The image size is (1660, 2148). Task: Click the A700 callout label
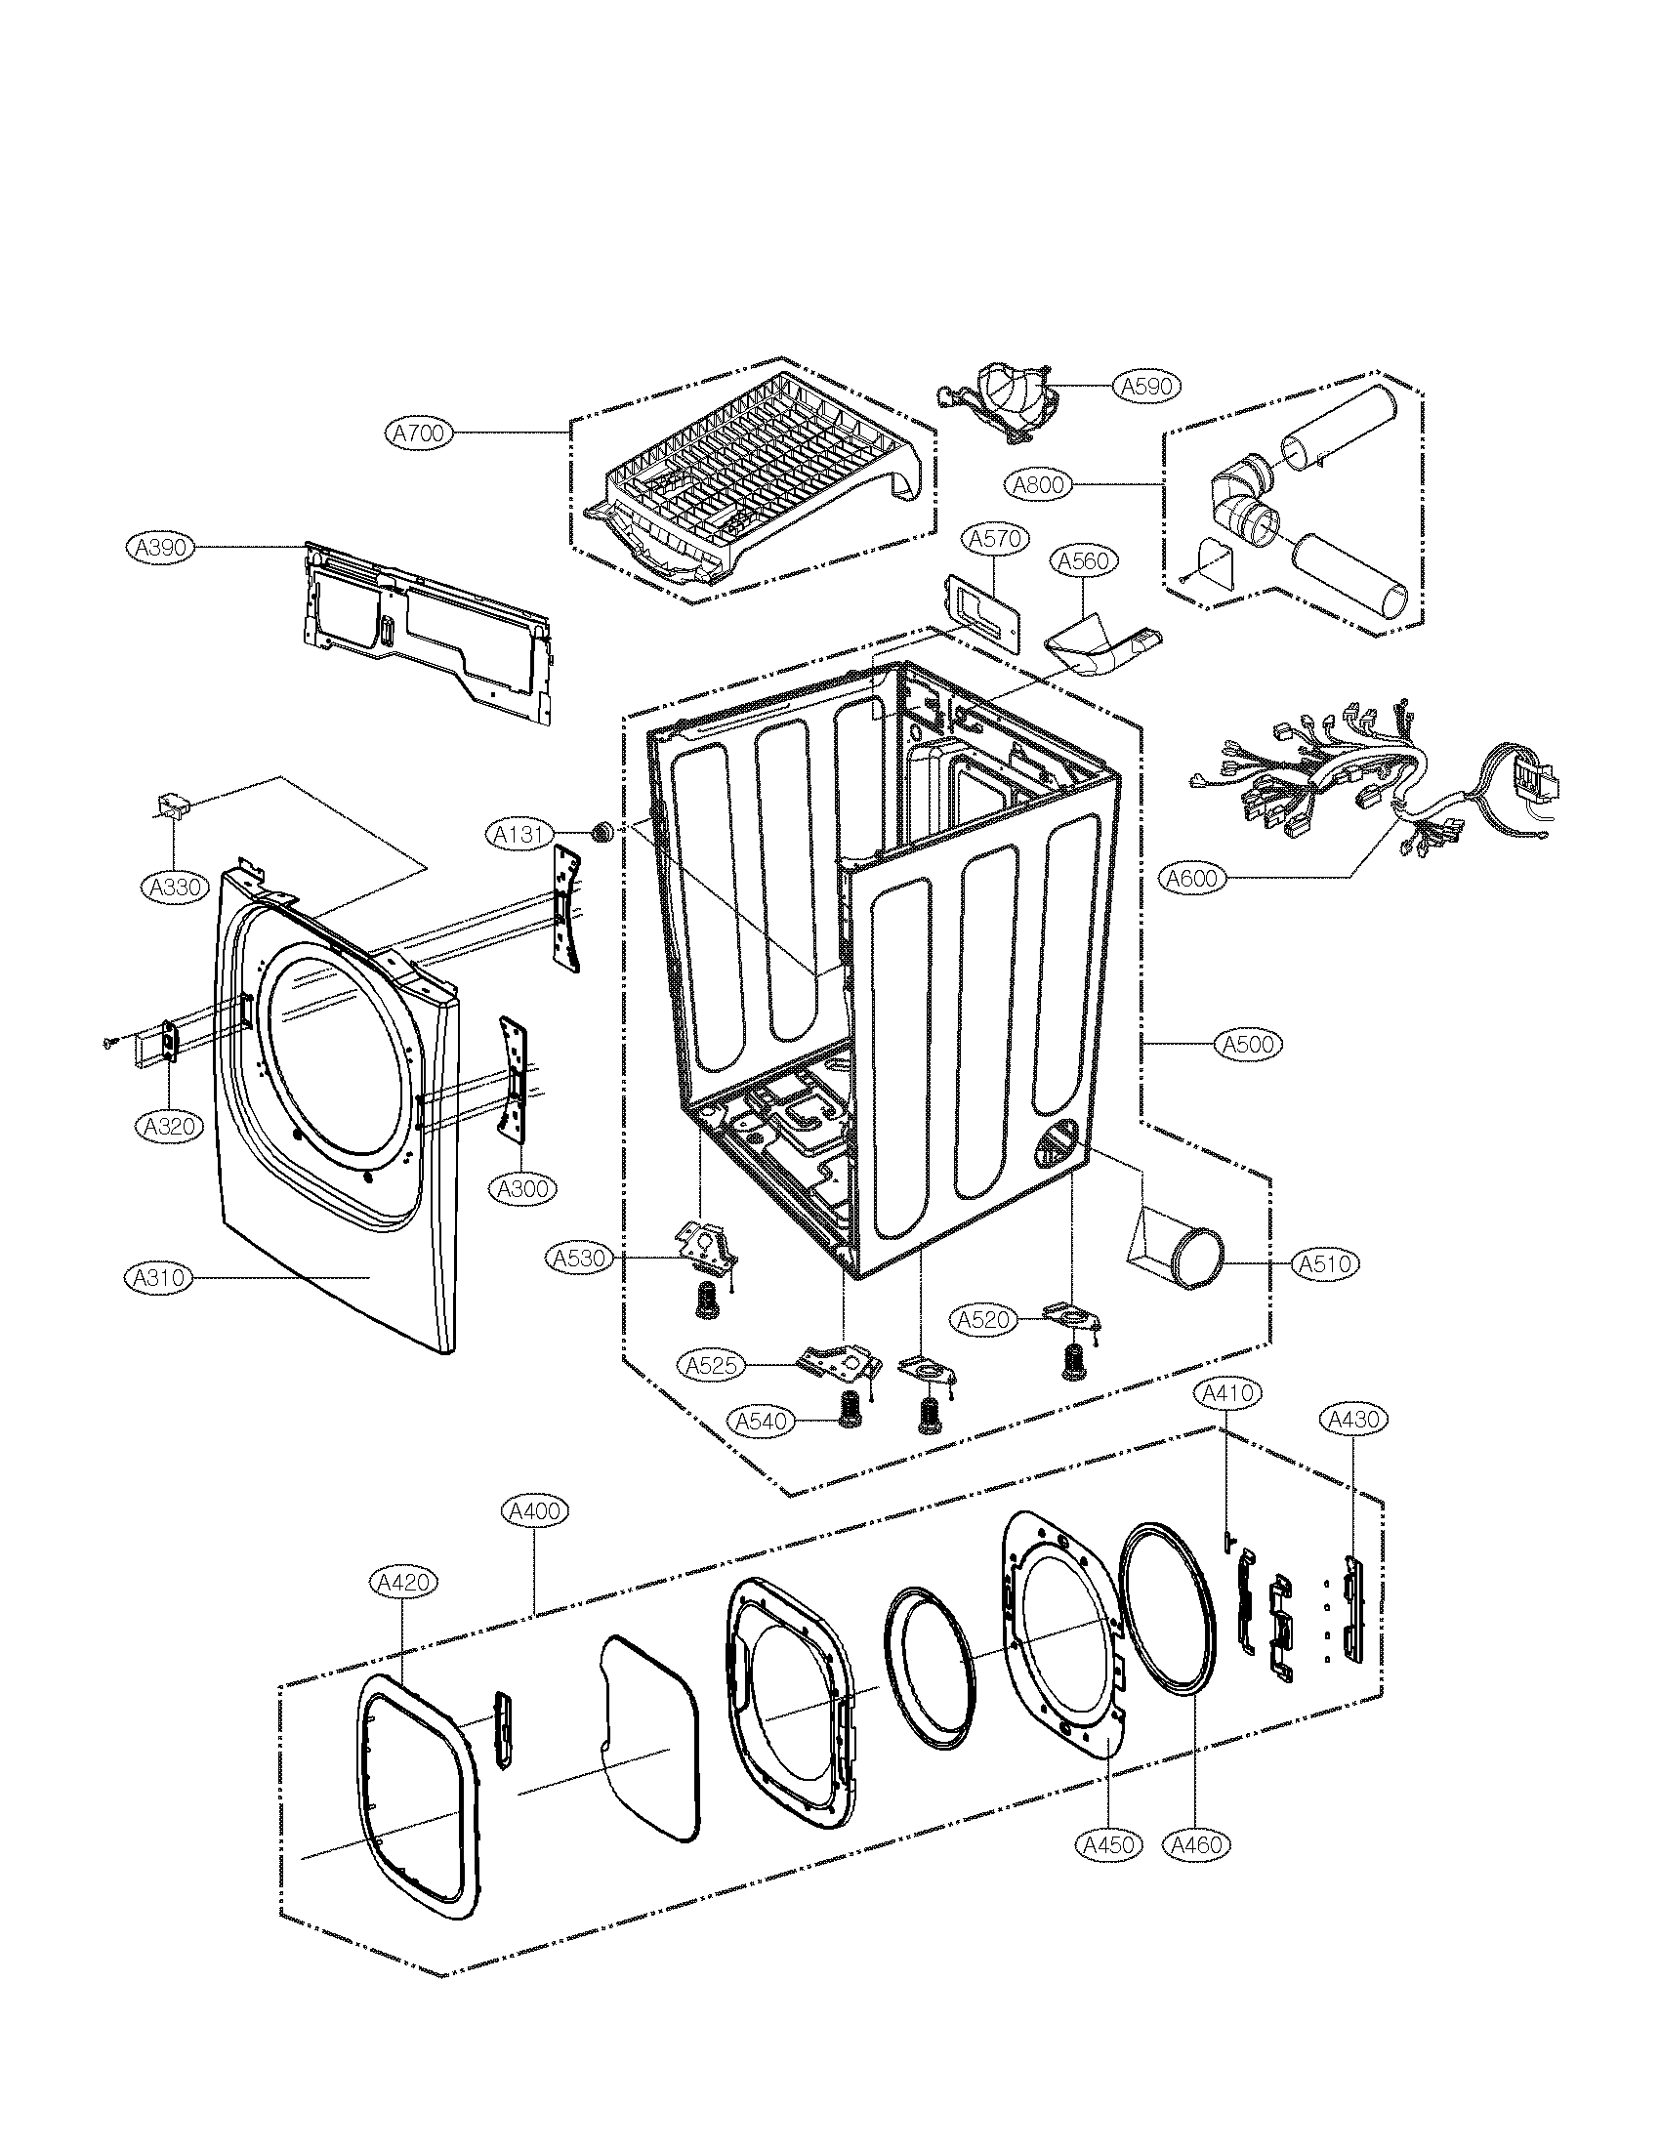(x=418, y=433)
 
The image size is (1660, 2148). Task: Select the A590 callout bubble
(x=1147, y=387)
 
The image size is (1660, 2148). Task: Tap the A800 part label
(x=1039, y=484)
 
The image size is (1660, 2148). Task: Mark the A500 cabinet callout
(x=1249, y=1044)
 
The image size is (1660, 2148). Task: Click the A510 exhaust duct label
(x=1325, y=1263)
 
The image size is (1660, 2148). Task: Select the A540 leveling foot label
(x=762, y=1421)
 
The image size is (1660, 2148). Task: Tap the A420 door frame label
(x=402, y=1582)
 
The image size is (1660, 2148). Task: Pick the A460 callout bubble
(x=1197, y=1845)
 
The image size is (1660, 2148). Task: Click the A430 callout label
(x=1353, y=1419)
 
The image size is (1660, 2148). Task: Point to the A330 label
(x=175, y=888)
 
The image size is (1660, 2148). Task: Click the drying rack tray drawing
(x=752, y=482)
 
